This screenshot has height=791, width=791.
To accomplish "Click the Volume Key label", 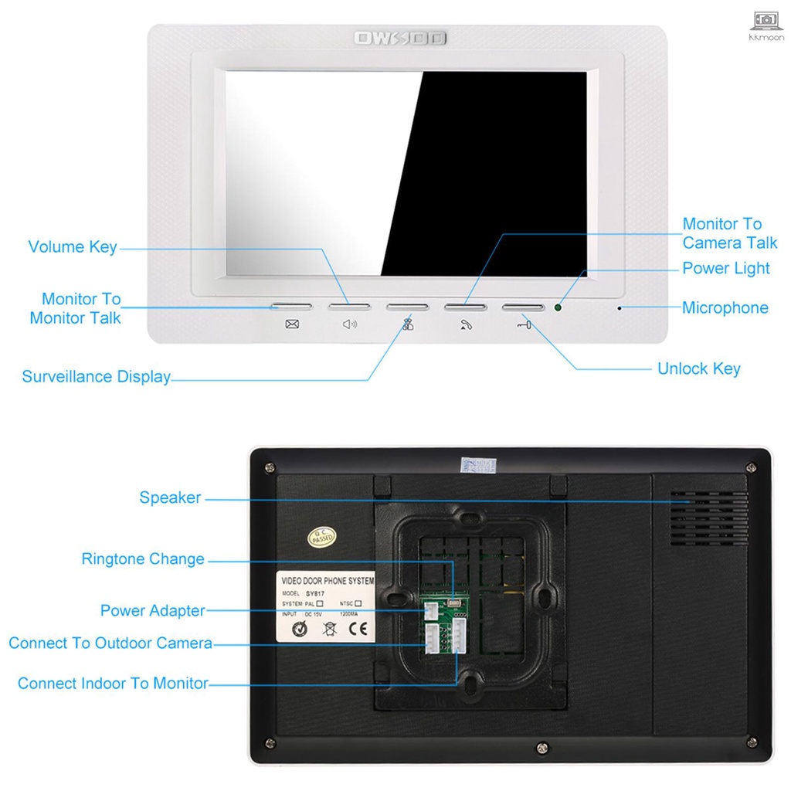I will point(73,247).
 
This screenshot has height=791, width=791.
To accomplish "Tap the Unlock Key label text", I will point(698,368).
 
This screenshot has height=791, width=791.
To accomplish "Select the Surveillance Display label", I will point(96,377).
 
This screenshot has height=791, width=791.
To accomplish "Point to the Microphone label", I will point(725,307).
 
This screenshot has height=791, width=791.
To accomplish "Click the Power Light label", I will point(725,268).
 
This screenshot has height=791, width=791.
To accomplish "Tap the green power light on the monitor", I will point(558,307).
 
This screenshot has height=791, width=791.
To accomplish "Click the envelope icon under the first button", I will point(292,324).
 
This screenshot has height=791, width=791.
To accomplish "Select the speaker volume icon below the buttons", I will point(350,324).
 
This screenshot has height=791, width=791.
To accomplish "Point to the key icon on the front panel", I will point(524,324).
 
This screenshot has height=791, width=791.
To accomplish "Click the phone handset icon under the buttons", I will point(466,324).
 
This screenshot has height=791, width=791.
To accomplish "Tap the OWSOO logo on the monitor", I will point(400,38).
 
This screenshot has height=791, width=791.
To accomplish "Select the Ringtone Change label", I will point(143,558).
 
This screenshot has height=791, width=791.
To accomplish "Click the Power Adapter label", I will point(153,610).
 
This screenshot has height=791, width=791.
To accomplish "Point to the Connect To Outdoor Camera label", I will point(110,643).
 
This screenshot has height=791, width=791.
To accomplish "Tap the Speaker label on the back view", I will point(170,497).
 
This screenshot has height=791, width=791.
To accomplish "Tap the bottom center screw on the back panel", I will point(542,747).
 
